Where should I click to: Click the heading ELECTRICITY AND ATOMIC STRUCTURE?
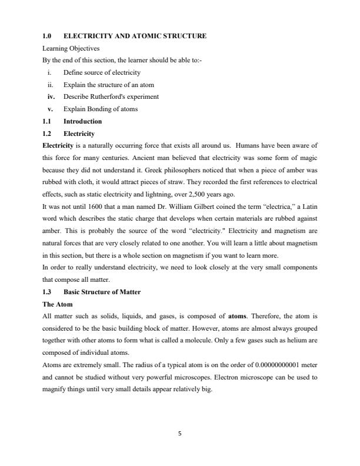[x=135, y=36]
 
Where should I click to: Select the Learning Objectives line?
[x=71, y=48]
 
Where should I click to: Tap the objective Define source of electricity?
[x=102, y=72]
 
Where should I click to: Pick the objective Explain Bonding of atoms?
[x=98, y=109]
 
